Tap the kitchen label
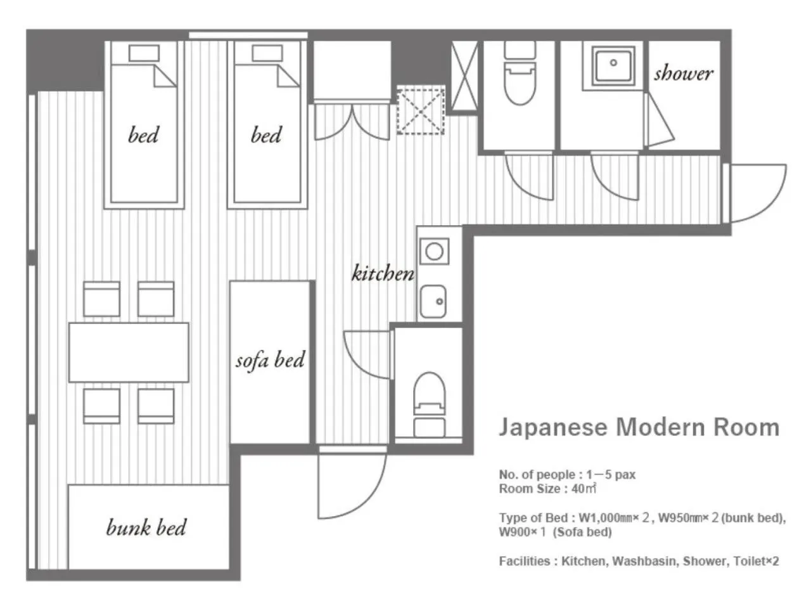coord(383,273)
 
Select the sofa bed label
coord(270,360)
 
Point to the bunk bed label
coord(146,527)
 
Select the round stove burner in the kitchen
coord(434,251)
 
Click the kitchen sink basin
coord(433,301)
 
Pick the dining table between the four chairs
coord(129,353)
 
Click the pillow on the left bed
coord(144,53)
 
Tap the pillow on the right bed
coord(267,53)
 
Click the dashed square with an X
coord(421,111)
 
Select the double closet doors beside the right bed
coord(352,122)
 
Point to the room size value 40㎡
coord(584,488)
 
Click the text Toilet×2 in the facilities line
coord(756,561)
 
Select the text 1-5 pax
coord(611,474)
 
